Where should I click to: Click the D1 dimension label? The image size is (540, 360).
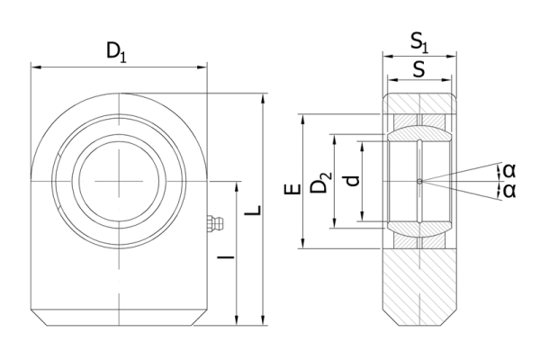(x=116, y=52)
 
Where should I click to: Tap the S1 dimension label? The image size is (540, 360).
(x=419, y=43)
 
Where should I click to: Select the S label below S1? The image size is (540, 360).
(x=418, y=69)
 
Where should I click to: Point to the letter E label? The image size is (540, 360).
(x=292, y=189)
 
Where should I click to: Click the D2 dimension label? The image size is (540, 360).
(x=320, y=182)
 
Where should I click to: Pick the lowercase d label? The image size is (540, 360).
(x=352, y=181)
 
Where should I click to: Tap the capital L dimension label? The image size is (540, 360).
(x=253, y=210)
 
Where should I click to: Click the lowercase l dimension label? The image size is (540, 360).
(x=226, y=256)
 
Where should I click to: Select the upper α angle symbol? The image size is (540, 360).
(x=509, y=171)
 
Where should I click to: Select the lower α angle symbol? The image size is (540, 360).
(x=509, y=191)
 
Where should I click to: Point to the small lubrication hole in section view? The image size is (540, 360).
(x=419, y=181)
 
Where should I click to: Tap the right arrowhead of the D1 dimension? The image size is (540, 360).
(x=202, y=67)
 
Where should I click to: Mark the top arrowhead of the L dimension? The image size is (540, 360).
(x=264, y=98)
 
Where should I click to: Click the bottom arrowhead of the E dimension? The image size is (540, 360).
(x=303, y=243)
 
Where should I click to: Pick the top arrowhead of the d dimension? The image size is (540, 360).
(x=362, y=146)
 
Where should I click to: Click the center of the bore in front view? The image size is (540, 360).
(x=119, y=181)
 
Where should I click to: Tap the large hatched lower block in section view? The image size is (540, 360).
(x=419, y=286)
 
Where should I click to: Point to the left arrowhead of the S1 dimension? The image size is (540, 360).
(x=388, y=56)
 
